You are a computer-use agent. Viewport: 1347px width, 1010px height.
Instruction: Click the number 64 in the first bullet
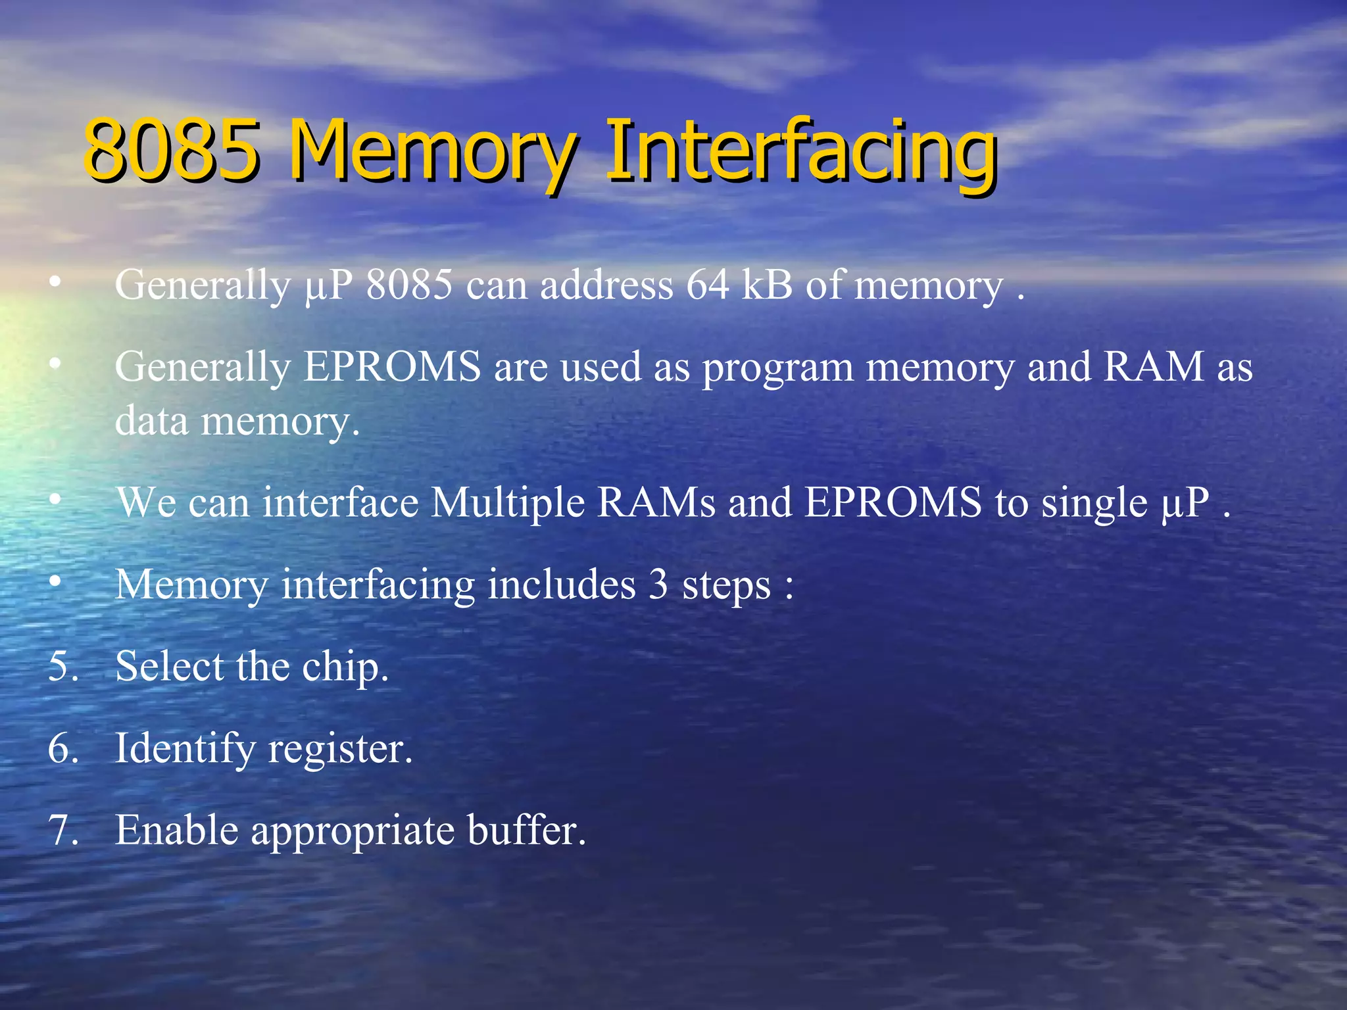(x=708, y=285)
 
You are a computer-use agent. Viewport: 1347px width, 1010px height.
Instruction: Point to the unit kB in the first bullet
(x=767, y=285)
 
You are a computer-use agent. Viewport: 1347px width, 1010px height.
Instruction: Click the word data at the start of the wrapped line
(x=152, y=420)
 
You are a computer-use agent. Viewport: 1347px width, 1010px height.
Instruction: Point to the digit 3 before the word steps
(x=658, y=585)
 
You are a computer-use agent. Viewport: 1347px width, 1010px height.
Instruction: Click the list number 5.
(x=63, y=666)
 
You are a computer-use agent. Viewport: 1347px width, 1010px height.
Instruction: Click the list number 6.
(x=63, y=748)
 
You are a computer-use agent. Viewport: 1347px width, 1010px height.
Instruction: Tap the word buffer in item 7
(x=526, y=830)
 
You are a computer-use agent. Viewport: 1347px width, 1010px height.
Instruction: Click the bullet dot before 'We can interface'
(x=56, y=500)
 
